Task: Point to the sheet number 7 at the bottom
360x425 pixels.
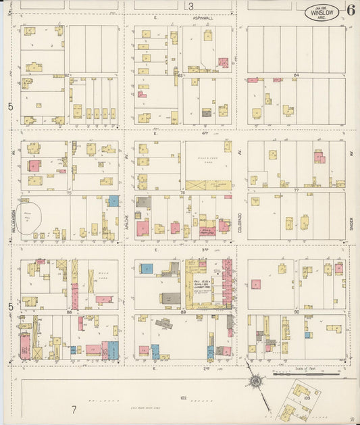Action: point(74,409)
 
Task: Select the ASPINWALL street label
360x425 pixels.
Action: point(201,18)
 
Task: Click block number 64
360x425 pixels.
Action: point(296,75)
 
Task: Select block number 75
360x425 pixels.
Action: point(69,193)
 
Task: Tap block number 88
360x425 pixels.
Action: point(69,312)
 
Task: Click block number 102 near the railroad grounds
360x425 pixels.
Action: point(182,398)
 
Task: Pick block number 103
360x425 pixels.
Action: point(307,399)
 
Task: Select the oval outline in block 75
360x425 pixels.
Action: point(29,220)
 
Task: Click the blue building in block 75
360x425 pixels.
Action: point(113,201)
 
